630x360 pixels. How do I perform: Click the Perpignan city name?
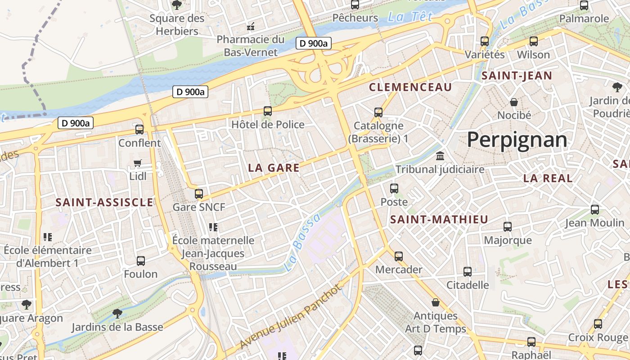pos(517,140)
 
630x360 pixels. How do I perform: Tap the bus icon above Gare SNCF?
pos(198,194)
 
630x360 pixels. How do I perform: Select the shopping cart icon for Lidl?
pos(138,163)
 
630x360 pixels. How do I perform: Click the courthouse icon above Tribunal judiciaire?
pos(440,156)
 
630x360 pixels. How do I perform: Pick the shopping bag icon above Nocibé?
pos(514,102)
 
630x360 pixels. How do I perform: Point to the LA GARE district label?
pos(274,168)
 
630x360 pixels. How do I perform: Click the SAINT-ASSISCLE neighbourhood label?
pos(104,202)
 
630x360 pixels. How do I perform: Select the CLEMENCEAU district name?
pos(410,87)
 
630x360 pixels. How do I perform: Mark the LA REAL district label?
pos(548,178)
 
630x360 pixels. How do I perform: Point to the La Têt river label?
pos(410,18)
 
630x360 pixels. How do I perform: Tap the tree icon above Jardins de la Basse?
pos(117,313)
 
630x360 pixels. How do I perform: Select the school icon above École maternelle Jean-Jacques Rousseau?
pos(213,227)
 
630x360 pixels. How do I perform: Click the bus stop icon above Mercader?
pos(399,256)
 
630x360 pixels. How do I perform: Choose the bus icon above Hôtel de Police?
pos(268,111)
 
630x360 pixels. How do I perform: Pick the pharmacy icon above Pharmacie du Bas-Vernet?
pos(251,27)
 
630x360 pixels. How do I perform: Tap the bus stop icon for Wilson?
pos(534,41)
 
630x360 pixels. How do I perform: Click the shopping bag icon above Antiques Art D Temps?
pos(436,302)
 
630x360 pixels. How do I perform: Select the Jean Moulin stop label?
pos(594,223)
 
